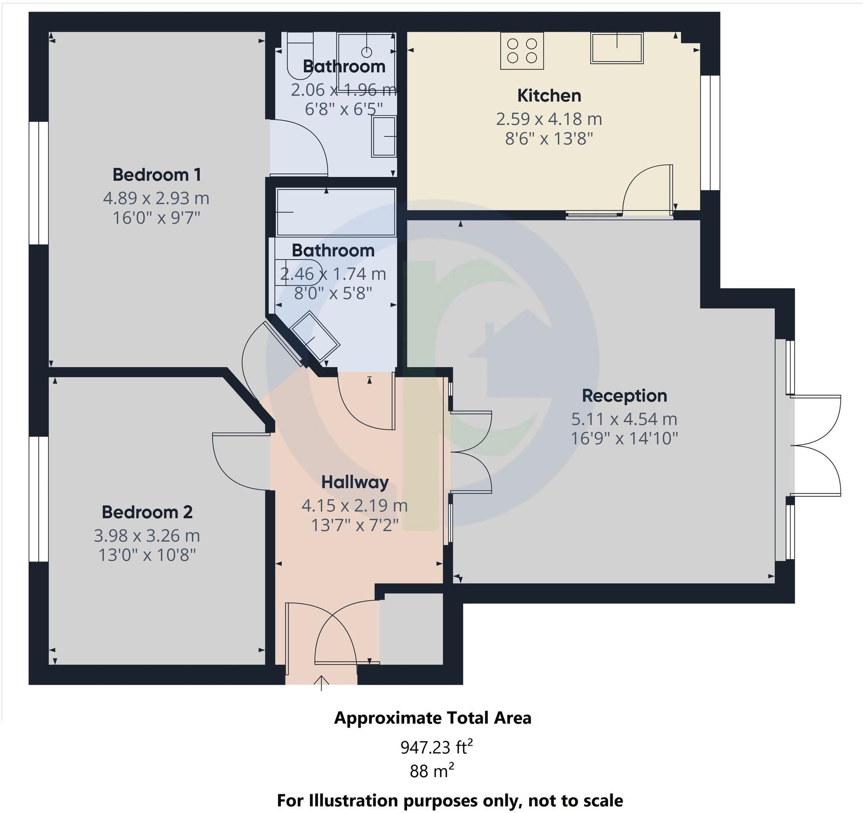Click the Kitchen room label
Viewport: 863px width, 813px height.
[x=549, y=96]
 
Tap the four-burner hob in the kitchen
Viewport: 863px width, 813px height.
[x=522, y=51]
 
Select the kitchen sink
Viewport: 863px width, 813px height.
[x=616, y=48]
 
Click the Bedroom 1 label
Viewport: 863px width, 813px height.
[x=157, y=175]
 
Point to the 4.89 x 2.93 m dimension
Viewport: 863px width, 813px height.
[x=156, y=198]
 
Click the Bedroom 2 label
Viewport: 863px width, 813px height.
[x=147, y=512]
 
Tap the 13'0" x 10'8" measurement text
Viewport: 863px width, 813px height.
[x=147, y=555]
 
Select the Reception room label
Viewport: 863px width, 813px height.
[x=624, y=395]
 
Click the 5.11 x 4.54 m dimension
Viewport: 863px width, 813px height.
[x=624, y=419]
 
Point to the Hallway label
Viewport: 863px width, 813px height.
[x=355, y=482]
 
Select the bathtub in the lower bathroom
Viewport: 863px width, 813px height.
[x=336, y=212]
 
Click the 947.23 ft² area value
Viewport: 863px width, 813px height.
[x=436, y=747]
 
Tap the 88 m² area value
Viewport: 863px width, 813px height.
[x=432, y=771]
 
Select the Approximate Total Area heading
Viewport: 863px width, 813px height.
[x=433, y=718]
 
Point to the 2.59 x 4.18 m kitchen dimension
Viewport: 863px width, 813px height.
[x=549, y=119]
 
